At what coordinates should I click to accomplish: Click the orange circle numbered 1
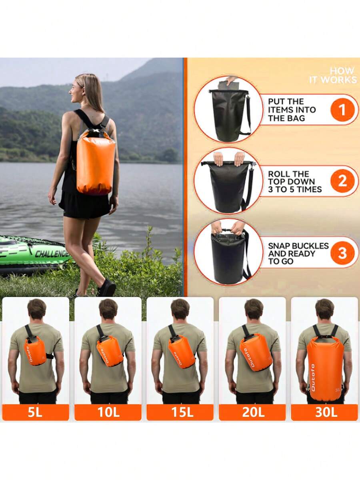point(342,110)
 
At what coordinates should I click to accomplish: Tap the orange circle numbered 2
point(342,181)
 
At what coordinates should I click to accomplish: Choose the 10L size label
point(108,412)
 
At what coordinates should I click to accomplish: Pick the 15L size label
point(180,412)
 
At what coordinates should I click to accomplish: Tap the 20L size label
point(253,412)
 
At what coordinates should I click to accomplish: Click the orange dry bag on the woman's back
point(96,162)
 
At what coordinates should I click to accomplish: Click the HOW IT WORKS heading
point(333,75)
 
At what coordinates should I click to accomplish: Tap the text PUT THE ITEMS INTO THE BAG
point(292,110)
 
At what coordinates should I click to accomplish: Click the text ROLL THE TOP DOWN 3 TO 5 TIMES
point(295,182)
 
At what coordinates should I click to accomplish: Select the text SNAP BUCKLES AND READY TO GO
point(298,253)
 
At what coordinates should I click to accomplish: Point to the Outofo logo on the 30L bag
point(313,378)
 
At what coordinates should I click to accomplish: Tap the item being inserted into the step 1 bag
point(227,84)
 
